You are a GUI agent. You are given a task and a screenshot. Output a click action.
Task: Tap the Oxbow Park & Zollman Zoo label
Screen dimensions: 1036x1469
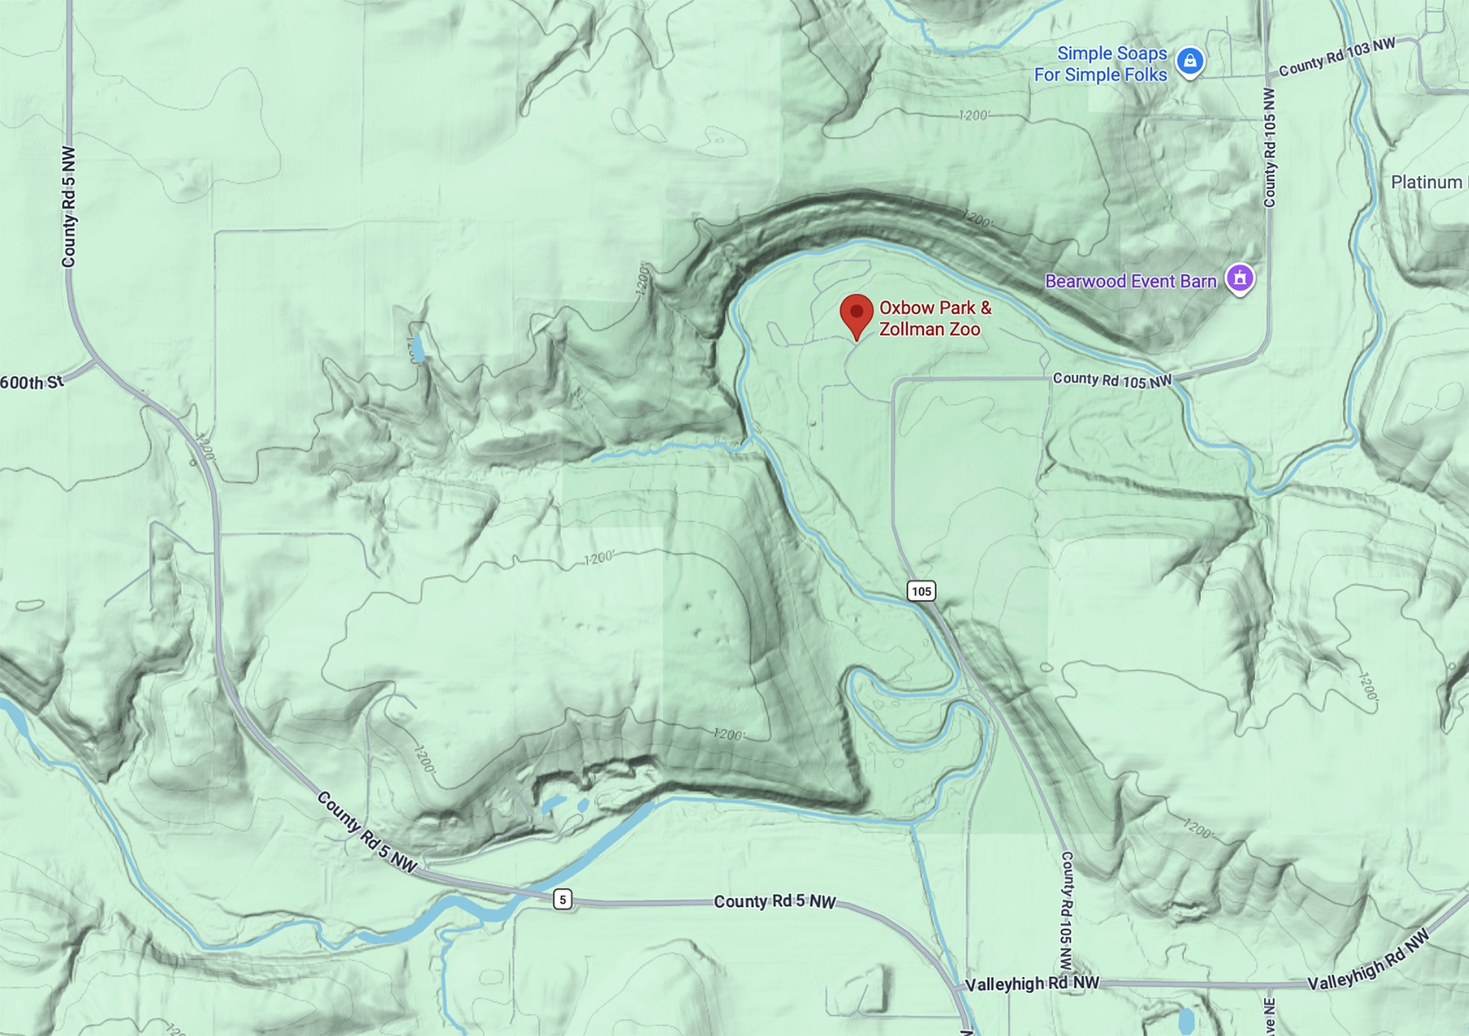[934, 319]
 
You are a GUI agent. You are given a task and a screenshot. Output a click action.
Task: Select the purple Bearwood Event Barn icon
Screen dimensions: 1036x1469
[1239, 279]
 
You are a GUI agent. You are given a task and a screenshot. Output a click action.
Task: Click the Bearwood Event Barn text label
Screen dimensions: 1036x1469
[1130, 281]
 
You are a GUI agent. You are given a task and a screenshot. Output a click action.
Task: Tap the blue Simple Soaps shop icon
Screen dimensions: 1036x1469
[1189, 61]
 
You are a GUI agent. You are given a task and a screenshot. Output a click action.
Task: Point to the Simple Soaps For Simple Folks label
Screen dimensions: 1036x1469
[1101, 65]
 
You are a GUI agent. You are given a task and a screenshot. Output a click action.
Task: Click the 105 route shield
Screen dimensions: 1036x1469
[921, 591]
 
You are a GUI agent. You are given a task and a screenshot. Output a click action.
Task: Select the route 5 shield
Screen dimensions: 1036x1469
[562, 899]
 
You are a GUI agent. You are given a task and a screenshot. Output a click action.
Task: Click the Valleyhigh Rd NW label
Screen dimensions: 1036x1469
[1032, 983]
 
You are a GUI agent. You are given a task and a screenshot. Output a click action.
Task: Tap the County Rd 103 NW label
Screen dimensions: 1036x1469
[1336, 57]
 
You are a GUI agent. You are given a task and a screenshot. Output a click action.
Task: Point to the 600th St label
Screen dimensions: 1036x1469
[31, 383]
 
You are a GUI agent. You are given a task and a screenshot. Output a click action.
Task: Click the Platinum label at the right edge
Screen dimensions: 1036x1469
[1428, 183]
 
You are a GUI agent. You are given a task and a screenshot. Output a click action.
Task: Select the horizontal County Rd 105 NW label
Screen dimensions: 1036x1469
[1111, 380]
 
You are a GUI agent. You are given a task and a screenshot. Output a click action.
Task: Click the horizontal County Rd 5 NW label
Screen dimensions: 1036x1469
[774, 901]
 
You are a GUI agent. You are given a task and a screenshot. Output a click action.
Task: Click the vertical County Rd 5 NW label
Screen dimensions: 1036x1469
[69, 207]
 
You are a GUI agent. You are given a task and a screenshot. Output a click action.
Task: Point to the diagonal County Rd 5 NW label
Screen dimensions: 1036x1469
[366, 832]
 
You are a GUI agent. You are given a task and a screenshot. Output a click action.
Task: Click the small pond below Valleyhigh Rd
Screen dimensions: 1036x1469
[1186, 1019]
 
